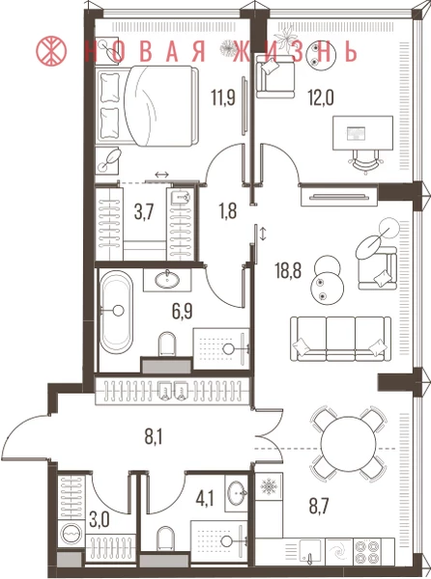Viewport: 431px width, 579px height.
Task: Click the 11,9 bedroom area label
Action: click(x=223, y=97)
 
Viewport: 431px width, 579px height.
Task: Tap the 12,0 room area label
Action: click(x=321, y=98)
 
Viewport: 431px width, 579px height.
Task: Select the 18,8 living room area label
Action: click(x=288, y=270)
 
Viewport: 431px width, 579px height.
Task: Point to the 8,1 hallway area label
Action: click(x=154, y=437)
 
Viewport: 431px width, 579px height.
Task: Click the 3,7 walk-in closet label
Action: click(x=143, y=212)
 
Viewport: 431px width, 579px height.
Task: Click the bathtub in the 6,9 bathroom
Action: click(x=116, y=312)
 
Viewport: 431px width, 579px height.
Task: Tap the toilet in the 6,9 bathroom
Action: click(x=167, y=345)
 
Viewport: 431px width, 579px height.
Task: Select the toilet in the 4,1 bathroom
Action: click(x=165, y=538)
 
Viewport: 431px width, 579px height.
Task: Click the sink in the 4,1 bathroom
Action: click(x=237, y=493)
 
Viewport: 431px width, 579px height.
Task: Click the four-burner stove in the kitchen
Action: click(x=367, y=552)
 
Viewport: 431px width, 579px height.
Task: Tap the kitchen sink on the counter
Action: click(x=310, y=551)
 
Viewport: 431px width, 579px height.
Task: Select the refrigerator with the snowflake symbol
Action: click(x=269, y=487)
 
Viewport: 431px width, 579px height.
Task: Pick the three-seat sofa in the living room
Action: click(x=340, y=339)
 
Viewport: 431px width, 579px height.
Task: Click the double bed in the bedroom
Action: click(x=146, y=105)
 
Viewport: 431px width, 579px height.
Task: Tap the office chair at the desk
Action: click(x=366, y=161)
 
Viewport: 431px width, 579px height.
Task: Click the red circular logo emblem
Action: click(x=51, y=50)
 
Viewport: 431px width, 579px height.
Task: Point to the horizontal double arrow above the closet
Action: click(x=162, y=175)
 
